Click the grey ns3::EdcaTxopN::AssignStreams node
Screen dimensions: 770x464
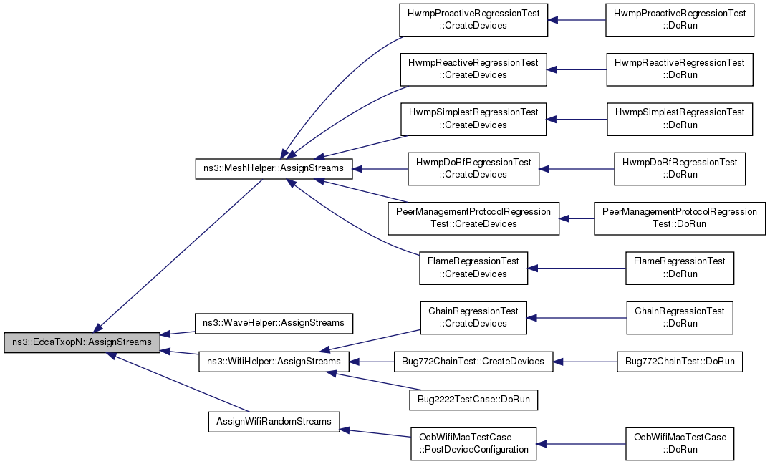point(82,342)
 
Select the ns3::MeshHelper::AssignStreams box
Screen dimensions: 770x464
point(274,168)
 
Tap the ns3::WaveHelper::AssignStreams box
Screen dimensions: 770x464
point(274,323)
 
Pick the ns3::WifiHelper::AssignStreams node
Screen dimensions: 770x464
point(274,362)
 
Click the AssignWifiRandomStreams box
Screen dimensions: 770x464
point(274,422)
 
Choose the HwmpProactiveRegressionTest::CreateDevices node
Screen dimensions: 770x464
point(473,19)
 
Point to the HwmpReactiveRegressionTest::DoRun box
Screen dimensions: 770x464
point(680,69)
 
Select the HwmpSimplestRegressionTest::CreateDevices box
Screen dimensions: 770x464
point(473,119)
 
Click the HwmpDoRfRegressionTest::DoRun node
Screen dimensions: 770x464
point(680,169)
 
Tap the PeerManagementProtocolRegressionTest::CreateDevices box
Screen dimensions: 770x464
point(473,218)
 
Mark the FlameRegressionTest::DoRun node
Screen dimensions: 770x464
point(680,268)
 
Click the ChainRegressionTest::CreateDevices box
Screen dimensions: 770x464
point(473,318)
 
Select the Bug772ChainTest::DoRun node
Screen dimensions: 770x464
point(680,362)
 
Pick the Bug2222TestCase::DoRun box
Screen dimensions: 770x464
point(473,400)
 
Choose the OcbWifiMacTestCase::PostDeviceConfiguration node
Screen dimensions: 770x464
point(473,444)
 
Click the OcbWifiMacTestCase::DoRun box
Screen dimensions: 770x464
point(680,444)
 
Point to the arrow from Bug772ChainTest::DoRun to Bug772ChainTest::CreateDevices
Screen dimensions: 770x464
point(585,362)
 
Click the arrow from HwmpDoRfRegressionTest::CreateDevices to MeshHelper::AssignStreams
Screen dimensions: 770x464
point(380,169)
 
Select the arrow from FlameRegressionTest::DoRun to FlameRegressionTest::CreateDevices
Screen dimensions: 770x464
point(577,268)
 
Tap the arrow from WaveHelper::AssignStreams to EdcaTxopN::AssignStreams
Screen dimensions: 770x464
point(178,333)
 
